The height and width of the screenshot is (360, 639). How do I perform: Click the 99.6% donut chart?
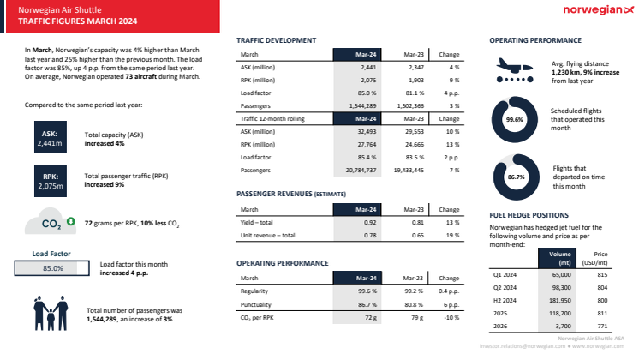pos(514,119)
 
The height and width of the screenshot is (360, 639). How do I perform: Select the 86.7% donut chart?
pos(516,177)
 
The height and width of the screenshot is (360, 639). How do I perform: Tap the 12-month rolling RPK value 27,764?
pos(366,144)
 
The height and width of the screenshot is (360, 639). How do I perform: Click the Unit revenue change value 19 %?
pos(452,235)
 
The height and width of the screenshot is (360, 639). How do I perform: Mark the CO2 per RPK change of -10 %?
pos(451,319)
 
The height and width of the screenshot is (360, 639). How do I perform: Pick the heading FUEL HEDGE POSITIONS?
pos(529,215)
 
